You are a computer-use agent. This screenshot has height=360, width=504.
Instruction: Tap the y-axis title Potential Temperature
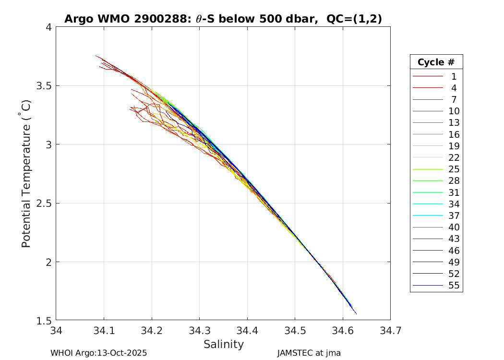26,173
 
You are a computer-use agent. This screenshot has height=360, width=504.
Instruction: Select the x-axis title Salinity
223,344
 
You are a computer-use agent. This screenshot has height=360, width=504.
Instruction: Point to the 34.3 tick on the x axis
199,330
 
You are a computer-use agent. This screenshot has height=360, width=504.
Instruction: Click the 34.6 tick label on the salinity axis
342,330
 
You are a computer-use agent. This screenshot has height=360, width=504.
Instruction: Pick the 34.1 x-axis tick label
104,330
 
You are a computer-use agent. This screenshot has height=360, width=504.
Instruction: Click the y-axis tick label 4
48,27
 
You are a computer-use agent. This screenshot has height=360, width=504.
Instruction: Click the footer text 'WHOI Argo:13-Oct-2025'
98,353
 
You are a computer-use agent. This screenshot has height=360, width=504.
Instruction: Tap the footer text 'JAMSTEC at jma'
309,353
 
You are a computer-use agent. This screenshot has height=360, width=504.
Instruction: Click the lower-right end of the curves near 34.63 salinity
356,314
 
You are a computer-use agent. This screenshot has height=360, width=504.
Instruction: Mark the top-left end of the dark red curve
96,56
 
